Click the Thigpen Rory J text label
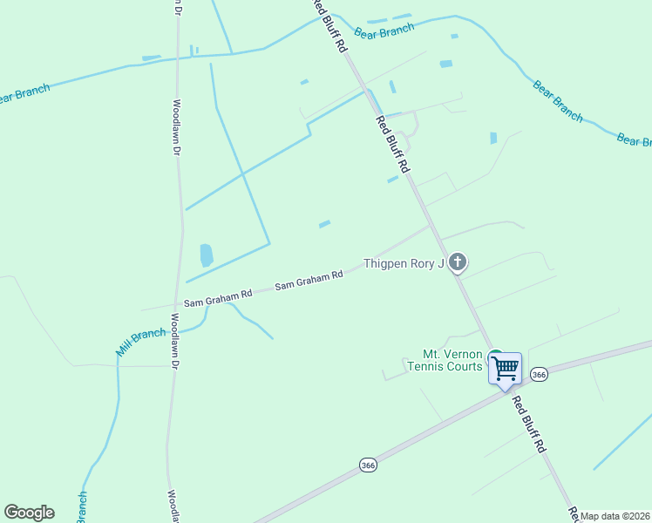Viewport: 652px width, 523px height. (x=404, y=263)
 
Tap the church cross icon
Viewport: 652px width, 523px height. (x=458, y=262)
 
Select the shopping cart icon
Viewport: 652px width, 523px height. (x=505, y=368)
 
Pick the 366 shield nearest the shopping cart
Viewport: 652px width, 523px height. (x=539, y=374)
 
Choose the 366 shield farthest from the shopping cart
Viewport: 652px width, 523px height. (x=369, y=466)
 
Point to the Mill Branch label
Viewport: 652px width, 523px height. (x=141, y=342)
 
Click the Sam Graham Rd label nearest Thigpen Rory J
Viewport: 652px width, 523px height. (x=309, y=280)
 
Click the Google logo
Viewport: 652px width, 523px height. (x=29, y=513)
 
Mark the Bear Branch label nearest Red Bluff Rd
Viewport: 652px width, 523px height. (x=384, y=31)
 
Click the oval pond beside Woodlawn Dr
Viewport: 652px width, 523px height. (x=207, y=255)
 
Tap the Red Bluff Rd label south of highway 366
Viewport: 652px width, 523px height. (x=528, y=425)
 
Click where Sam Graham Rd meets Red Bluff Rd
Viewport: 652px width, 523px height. (x=431, y=224)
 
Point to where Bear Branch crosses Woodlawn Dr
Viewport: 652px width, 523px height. (x=178, y=58)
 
